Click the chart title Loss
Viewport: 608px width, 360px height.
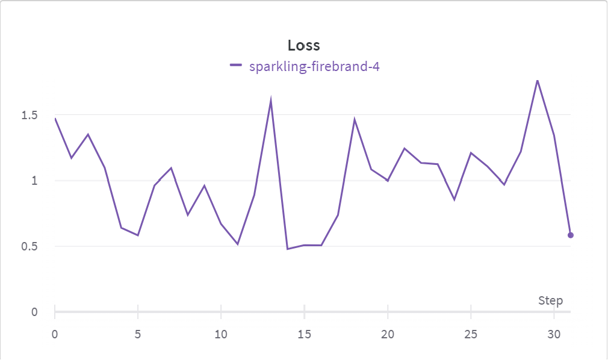303,45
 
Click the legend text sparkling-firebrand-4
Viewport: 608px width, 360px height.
314,66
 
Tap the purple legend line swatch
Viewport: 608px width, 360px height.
236,66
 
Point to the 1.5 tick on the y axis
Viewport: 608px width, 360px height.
29,115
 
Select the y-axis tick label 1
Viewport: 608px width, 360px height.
34,181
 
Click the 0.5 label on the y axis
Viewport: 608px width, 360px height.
29,246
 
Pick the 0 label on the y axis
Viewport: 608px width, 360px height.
34,312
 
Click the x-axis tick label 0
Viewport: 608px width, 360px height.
55,334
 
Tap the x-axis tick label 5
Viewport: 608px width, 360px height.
138,334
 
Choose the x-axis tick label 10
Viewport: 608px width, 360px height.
221,334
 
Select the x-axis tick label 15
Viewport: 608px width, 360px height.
304,334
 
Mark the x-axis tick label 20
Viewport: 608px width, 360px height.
388,334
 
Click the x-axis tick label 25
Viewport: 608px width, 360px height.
471,334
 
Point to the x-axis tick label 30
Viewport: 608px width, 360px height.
554,334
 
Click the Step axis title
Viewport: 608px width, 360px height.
550,300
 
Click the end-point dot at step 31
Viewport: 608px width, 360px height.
571,235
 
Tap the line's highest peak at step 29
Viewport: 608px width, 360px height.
537,80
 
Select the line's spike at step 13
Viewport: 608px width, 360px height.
271,99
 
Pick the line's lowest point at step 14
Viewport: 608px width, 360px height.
288,249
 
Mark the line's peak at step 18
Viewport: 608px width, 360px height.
355,119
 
